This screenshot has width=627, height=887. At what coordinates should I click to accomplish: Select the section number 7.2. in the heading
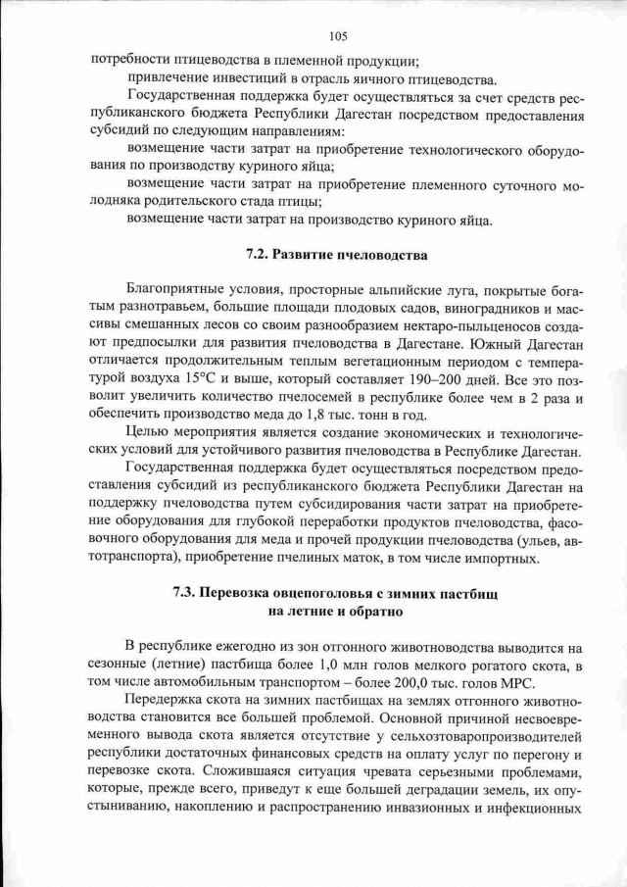[x=257, y=256]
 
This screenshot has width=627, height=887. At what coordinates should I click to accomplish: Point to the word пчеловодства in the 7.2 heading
[x=389, y=256]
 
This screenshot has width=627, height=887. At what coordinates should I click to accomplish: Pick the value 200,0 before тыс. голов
[x=409, y=683]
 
